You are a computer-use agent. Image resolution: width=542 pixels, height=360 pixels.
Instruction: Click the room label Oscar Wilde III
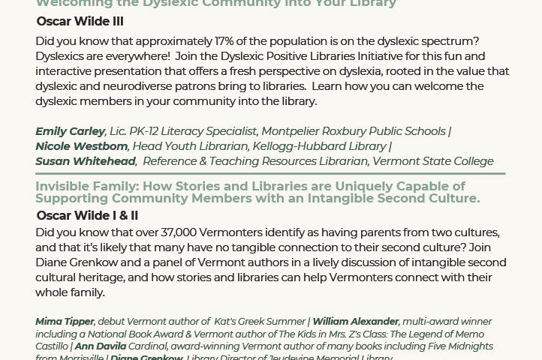coord(80,22)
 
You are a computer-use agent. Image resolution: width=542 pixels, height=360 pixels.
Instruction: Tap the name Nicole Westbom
coord(81,146)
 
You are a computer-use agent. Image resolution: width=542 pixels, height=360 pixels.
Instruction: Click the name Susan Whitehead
coord(86,161)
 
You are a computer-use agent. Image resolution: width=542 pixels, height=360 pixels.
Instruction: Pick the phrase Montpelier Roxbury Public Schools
coord(353,131)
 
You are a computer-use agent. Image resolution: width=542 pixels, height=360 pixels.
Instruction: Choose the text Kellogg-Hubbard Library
coord(324,146)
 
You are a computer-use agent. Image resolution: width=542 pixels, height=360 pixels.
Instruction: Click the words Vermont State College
coord(433,161)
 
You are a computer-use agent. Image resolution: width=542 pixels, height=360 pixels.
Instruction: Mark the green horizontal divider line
coord(270,173)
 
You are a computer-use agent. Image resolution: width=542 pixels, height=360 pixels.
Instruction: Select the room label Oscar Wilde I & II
coord(87,216)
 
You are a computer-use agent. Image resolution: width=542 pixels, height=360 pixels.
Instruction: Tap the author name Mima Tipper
coord(64,322)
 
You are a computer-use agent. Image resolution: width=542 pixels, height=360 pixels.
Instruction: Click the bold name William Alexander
coord(356,322)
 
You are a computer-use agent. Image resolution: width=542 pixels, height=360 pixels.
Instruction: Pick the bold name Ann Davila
coord(100,346)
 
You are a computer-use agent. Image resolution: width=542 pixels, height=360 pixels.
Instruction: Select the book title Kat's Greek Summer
coord(256,322)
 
